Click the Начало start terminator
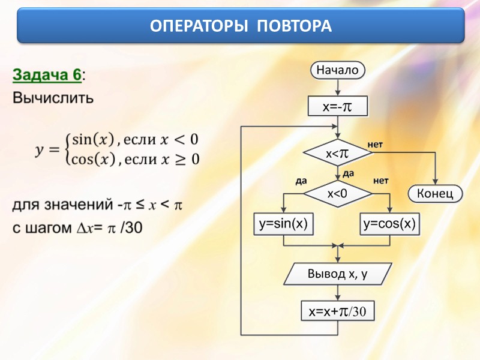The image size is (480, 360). click(338, 70)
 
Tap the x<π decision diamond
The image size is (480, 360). click(338, 154)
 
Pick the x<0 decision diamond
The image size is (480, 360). click(338, 193)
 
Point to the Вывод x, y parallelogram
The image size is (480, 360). click(338, 274)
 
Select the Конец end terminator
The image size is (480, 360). click(436, 193)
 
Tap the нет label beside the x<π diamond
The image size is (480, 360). click(375, 145)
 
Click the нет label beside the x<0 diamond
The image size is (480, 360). click(381, 180)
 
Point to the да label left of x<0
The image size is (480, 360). click(301, 180)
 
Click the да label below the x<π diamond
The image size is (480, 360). click(348, 173)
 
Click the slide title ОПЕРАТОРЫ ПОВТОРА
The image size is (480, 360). click(240, 26)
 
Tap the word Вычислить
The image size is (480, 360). click(53, 97)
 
